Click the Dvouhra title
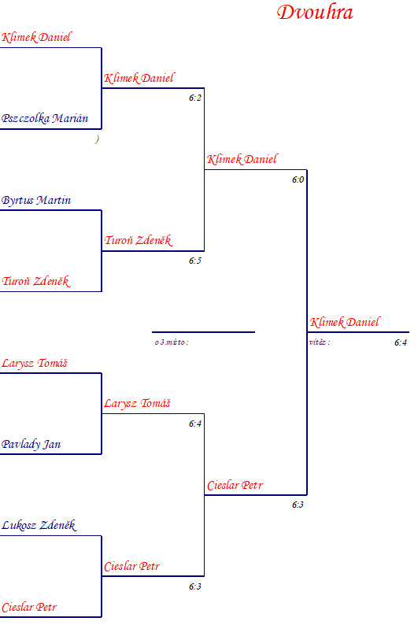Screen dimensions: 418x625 tap(315, 13)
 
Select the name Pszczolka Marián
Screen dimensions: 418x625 tap(45, 118)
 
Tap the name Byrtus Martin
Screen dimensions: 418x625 tap(36, 200)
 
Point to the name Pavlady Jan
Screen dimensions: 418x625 tap(31, 444)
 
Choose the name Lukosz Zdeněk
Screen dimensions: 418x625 tap(39, 525)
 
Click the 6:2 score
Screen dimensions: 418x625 tap(195, 98)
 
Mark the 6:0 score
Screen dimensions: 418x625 tap(298, 179)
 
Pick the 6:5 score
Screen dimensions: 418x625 tap(195, 261)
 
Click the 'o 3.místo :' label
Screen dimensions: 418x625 tap(172, 342)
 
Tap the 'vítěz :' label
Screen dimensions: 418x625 tap(320, 342)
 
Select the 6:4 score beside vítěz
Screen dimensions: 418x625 tap(401, 342)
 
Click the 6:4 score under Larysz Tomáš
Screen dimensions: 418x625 tap(195, 423)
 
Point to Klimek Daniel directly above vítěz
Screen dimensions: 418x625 tap(345, 322)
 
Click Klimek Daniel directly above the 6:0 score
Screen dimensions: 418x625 tap(242, 160)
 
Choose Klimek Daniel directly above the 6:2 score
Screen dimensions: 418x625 tap(139, 78)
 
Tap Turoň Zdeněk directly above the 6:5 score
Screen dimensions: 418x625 tap(139, 240)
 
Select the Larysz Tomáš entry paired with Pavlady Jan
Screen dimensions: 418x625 tap(35, 363)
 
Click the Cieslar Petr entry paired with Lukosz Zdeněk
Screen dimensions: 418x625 tap(29, 607)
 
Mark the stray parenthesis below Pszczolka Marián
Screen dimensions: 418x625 tap(97, 139)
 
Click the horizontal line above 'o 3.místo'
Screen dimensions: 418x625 tap(203, 331)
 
